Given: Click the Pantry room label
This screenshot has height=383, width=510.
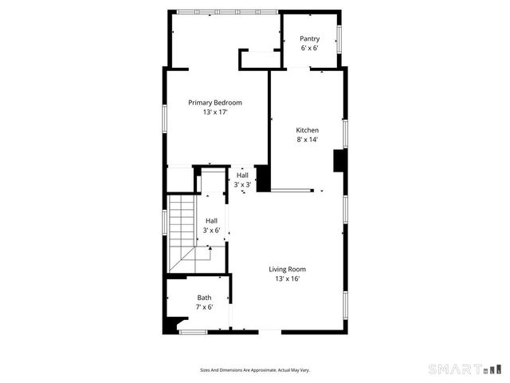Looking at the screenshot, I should click(x=309, y=38).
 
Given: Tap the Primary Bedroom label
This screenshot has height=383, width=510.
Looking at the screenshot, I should click(x=215, y=102).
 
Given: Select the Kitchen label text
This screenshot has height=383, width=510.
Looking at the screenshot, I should click(x=308, y=130).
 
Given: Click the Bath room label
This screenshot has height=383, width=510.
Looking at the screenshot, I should click(x=205, y=298).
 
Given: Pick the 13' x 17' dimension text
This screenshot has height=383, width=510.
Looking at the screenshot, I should click(x=215, y=113).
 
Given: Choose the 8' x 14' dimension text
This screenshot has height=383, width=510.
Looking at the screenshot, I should click(x=308, y=140).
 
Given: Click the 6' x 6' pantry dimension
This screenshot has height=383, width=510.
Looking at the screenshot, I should click(x=309, y=48).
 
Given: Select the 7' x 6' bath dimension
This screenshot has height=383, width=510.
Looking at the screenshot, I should click(x=205, y=307).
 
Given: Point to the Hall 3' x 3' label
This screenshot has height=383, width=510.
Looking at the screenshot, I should click(x=242, y=180).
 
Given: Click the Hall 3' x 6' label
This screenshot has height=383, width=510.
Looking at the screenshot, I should click(x=211, y=225).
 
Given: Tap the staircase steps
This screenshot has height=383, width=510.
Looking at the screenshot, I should click(x=182, y=231).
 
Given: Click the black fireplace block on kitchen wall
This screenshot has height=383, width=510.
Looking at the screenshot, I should click(x=339, y=160).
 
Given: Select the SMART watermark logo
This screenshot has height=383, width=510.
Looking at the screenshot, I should click(x=466, y=369).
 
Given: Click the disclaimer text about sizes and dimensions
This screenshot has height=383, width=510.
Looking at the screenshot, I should click(x=254, y=370).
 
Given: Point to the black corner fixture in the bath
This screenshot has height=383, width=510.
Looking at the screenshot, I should click(x=171, y=326).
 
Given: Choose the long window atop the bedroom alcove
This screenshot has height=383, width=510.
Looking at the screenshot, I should click(x=227, y=11).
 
